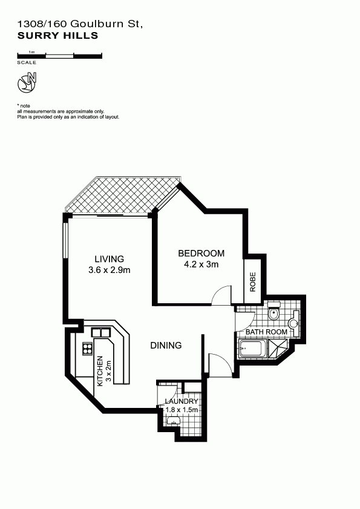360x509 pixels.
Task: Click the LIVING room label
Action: [109, 258]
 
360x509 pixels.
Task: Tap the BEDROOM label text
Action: [201, 253]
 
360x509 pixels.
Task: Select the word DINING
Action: [166, 346]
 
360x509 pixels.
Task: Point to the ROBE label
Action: [253, 281]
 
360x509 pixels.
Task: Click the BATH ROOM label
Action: [266, 332]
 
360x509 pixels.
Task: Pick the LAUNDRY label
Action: [181, 401]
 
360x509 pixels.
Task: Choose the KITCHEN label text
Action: [100, 371]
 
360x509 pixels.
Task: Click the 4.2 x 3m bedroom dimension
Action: [201, 264]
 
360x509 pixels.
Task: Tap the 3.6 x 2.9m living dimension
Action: [110, 270]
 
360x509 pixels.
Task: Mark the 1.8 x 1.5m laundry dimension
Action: [182, 410]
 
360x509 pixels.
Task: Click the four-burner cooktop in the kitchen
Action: [88, 349]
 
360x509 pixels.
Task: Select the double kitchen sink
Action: [101, 333]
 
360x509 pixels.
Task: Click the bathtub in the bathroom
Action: [252, 349]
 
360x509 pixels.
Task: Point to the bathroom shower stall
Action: [278, 348]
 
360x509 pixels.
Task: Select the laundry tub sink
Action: [174, 421]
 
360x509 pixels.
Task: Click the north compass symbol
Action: [27, 83]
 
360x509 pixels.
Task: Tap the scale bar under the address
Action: [60, 56]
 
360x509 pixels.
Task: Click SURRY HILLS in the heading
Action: [57, 35]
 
